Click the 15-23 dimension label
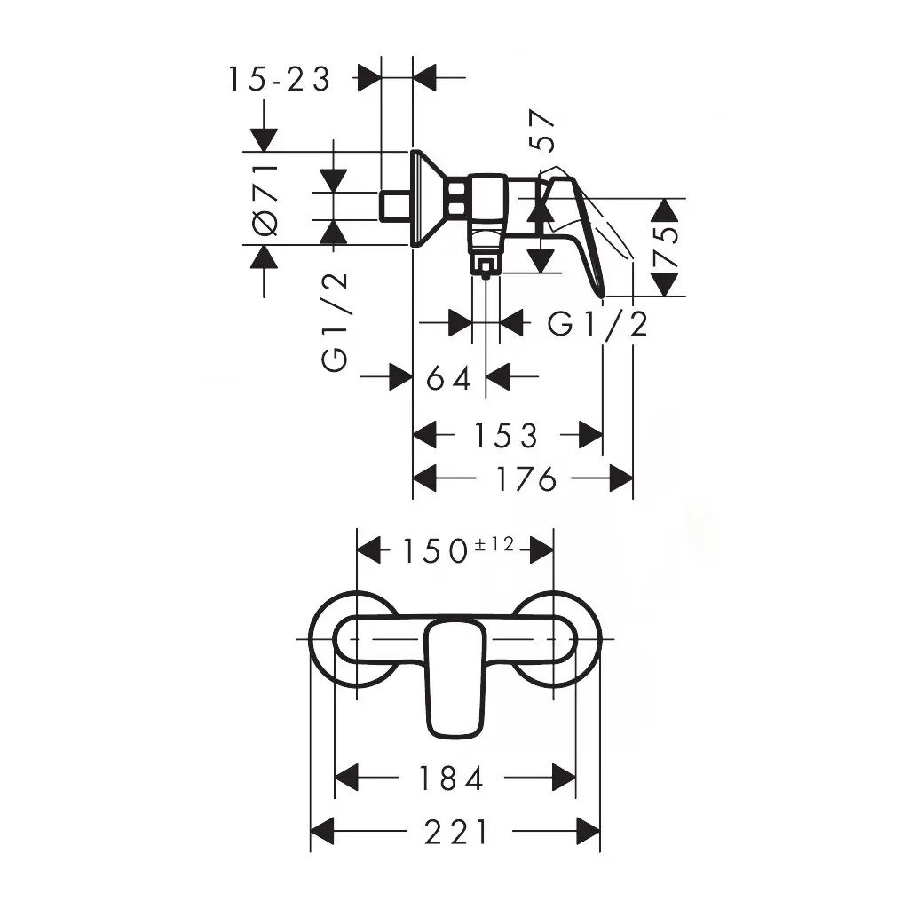[279, 79]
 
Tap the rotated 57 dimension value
[542, 130]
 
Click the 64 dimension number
[448, 379]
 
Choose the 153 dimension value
[506, 435]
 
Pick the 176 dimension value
[527, 478]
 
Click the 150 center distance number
[435, 550]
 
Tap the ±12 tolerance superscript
[494, 544]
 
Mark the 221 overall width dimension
[455, 832]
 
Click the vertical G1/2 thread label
[335, 321]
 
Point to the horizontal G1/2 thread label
[597, 324]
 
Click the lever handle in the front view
[455, 678]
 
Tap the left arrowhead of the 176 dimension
[424, 478]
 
